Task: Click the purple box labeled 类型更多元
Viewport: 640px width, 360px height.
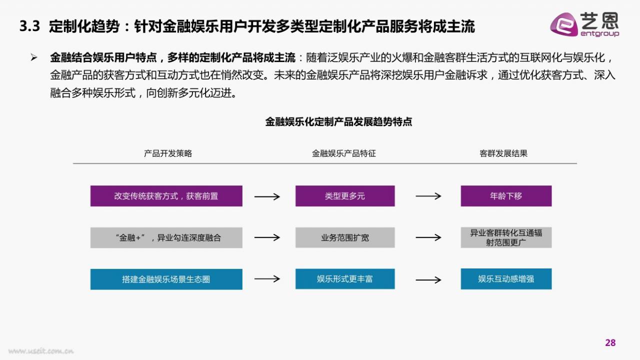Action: [x=345, y=196]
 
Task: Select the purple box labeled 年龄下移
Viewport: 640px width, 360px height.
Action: [x=506, y=196]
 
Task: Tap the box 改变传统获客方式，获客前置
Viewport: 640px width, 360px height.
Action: [x=166, y=196]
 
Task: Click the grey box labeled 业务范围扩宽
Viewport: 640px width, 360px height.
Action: [x=345, y=237]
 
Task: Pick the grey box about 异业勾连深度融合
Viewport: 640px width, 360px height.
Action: [x=166, y=237]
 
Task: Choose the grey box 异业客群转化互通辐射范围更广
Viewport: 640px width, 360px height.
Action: [x=506, y=237]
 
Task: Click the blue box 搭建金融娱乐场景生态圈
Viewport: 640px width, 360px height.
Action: [x=166, y=279]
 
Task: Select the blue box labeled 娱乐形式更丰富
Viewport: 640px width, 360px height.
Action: [x=345, y=279]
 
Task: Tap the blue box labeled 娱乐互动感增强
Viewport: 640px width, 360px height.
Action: [x=506, y=279]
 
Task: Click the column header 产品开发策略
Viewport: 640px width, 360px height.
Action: [x=167, y=153]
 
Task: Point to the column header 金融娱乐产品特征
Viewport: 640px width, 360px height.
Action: [x=343, y=153]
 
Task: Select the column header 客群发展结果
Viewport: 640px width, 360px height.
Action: [x=503, y=153]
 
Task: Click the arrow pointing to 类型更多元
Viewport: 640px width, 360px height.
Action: [x=267, y=196]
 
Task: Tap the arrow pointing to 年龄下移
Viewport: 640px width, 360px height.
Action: [x=428, y=196]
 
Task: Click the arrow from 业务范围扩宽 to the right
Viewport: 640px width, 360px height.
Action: [x=428, y=237]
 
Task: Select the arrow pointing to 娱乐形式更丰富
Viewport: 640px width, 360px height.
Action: [x=267, y=278]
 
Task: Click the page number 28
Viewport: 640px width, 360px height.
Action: [x=610, y=342]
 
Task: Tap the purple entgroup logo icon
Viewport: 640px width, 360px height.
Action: [x=564, y=24]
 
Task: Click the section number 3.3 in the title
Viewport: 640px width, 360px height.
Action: [x=29, y=26]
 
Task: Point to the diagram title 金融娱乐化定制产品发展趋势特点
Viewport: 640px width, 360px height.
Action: [x=338, y=122]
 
